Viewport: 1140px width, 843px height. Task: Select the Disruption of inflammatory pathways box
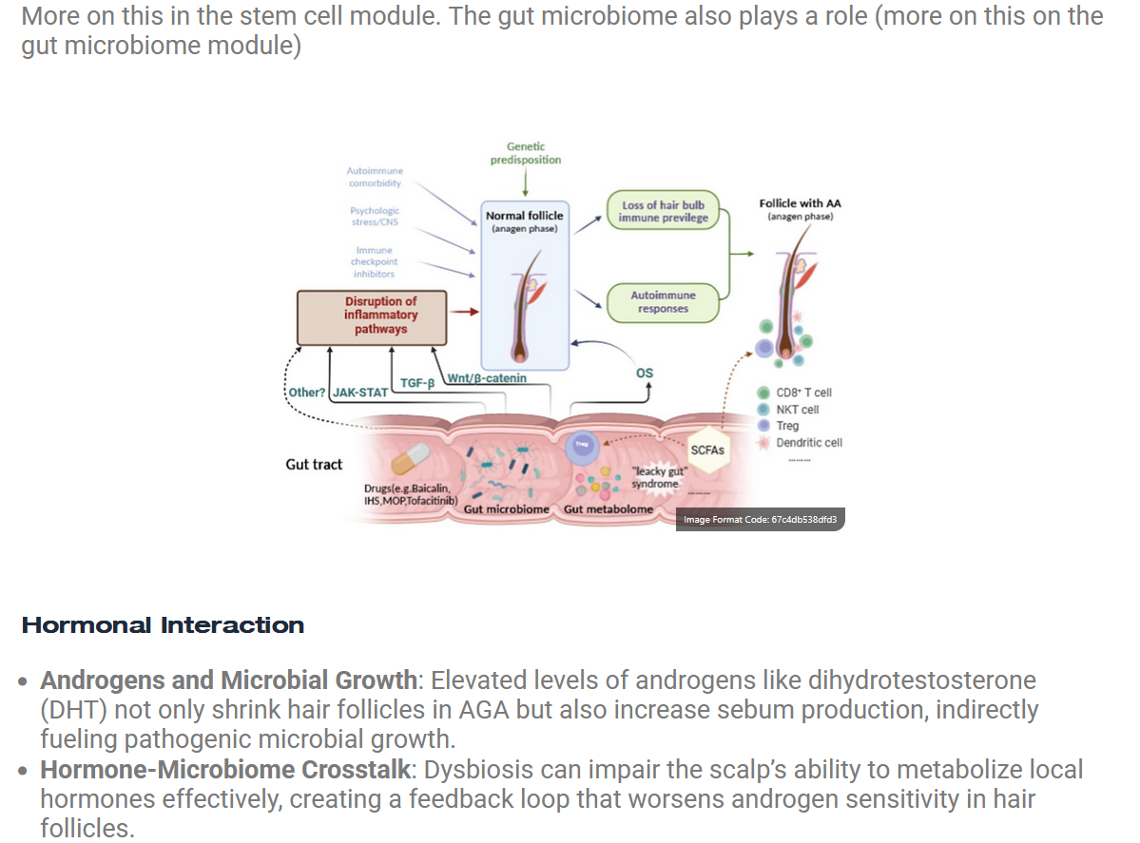372,316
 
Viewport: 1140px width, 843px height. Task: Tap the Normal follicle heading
524,216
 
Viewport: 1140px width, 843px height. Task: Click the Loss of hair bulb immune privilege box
663,212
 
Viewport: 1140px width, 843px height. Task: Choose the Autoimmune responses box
663,302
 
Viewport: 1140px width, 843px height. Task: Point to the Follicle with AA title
800,203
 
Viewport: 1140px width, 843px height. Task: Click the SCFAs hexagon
707,450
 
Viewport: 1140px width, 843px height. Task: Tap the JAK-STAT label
359,393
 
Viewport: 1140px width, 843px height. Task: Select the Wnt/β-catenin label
487,378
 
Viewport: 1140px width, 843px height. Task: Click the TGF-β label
416,383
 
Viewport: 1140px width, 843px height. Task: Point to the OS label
645,374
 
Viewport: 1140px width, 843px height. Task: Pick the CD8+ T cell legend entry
803,393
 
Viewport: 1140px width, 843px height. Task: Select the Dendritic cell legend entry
808,443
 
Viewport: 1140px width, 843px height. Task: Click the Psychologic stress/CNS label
375,216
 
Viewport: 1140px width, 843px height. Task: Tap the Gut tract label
314,465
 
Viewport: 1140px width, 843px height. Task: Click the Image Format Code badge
760,519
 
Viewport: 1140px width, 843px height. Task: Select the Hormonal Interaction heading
163,625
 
